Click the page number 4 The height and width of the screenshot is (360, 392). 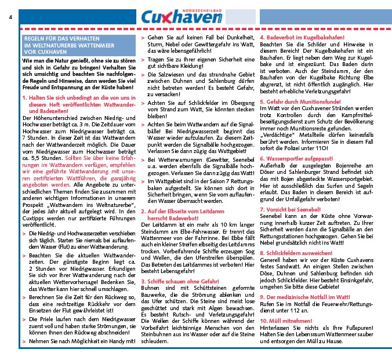coord(10,16)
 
